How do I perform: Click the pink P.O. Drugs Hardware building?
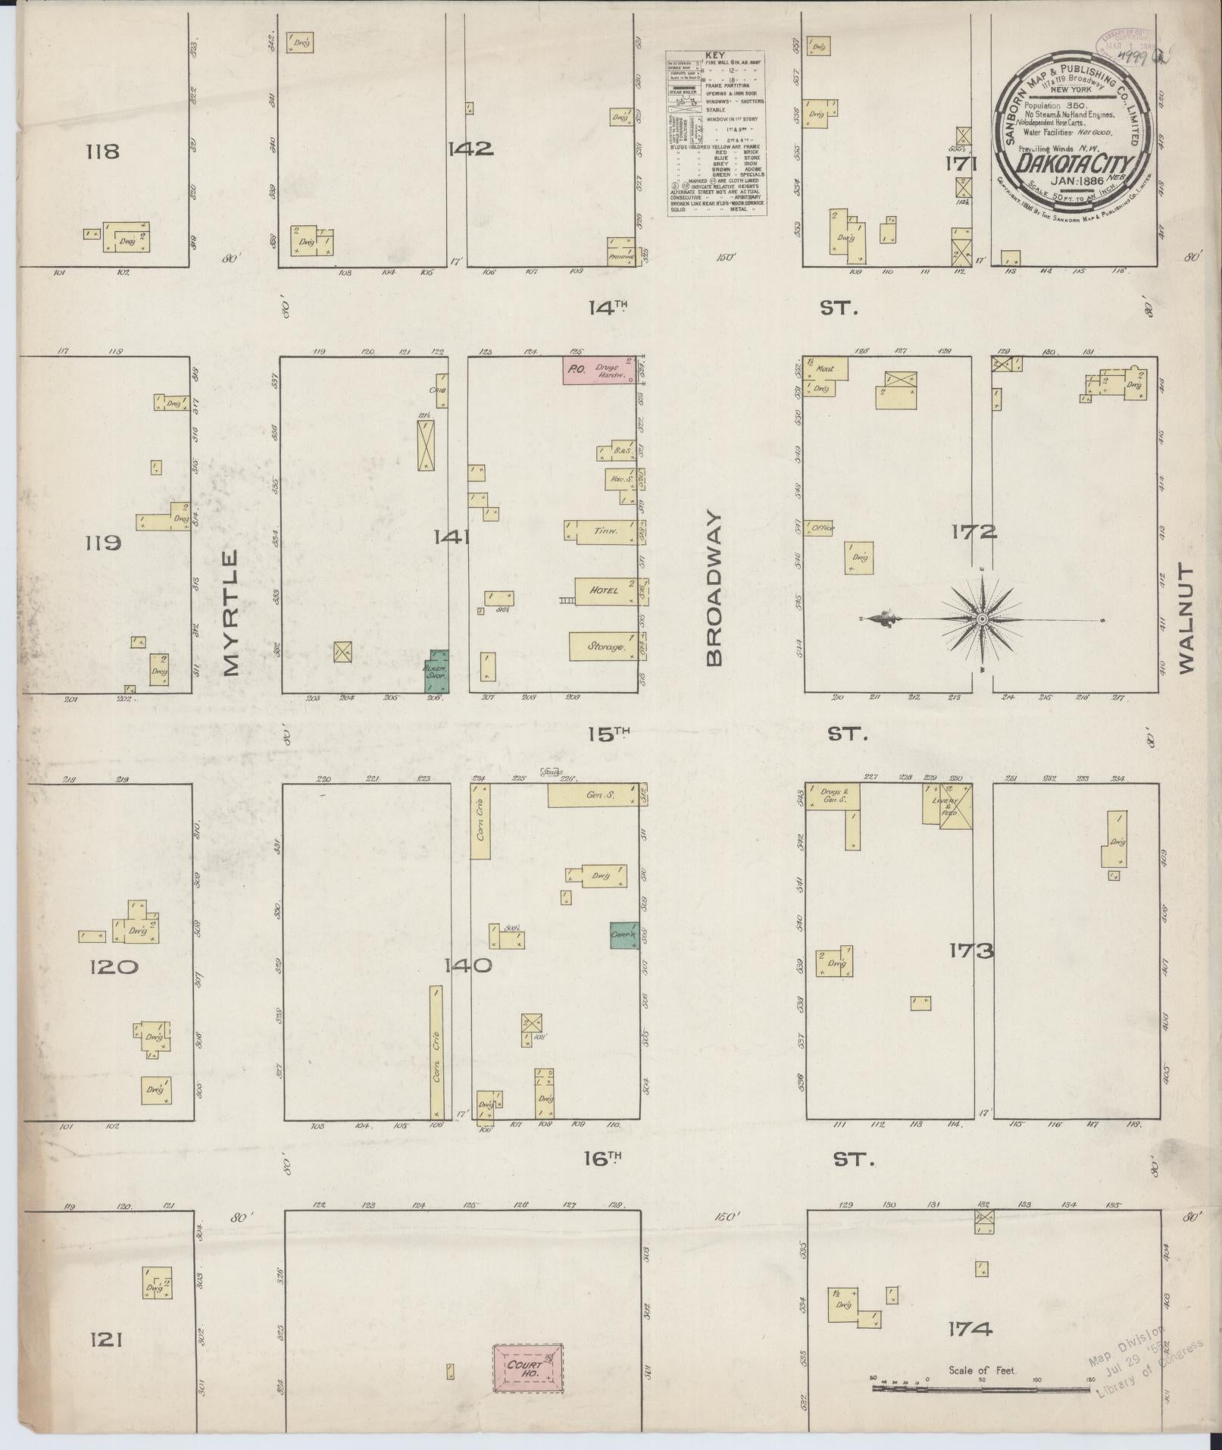[598, 371]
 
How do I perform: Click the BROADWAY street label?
[715, 587]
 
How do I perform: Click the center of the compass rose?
[982, 619]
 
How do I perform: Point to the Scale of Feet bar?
[981, 1389]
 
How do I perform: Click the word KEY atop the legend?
[714, 55]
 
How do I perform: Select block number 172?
[974, 532]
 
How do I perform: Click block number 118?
[103, 151]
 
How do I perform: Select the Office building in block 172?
[820, 528]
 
